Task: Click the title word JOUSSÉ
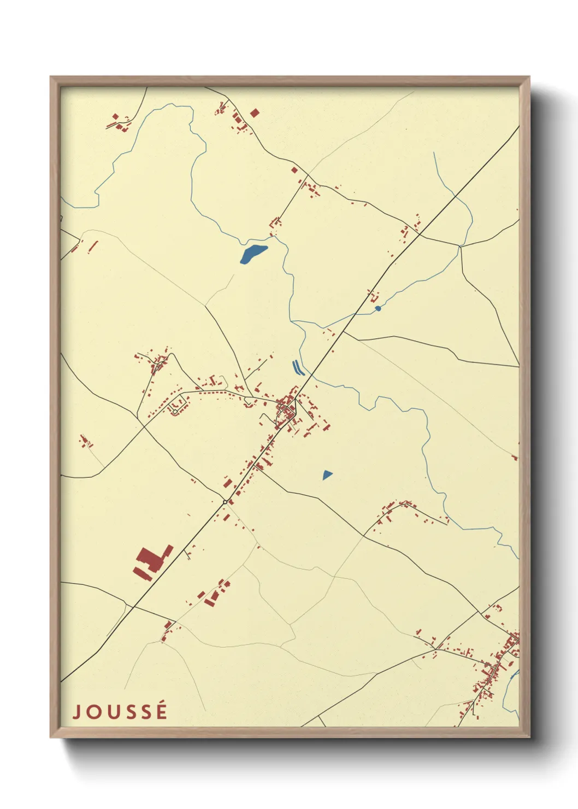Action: pos(120,712)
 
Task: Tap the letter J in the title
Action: pos(76,712)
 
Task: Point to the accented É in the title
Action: pos(161,711)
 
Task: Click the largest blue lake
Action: pos(254,253)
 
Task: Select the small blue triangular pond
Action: pos(327,474)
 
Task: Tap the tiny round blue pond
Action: pos(378,308)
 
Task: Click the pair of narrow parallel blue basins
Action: pos(298,368)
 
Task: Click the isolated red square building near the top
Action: pos(254,113)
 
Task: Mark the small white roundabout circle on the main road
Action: pos(225,502)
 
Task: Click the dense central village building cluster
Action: pos(286,409)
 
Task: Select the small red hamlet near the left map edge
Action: pos(85,441)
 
